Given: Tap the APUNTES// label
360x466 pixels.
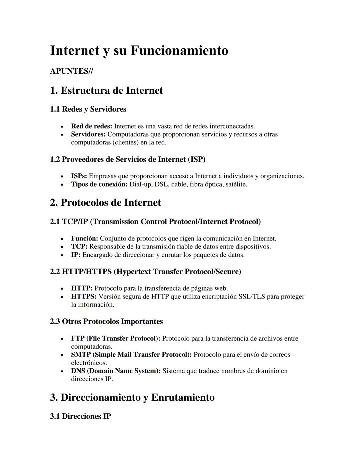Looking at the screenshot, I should pos(71,71).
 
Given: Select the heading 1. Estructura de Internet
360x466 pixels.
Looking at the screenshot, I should pos(106,90).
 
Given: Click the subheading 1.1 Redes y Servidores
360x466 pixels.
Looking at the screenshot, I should pos(88,109).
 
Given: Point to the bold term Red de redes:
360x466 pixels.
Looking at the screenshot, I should pos(92,126).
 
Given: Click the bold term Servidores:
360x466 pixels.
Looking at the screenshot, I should pos(88,134).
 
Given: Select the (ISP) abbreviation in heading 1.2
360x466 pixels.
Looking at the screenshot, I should pos(197,159).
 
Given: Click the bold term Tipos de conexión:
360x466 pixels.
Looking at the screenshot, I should pos(99,184).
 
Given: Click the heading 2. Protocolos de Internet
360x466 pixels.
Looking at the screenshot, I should pos(105,202).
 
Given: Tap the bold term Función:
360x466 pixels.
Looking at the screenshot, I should pos(84,239).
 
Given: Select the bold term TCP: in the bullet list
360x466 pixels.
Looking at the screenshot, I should pos(79,247).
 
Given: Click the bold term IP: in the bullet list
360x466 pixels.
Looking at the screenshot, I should pos(76,255).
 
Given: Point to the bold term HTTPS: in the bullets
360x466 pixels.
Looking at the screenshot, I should pos(84,297).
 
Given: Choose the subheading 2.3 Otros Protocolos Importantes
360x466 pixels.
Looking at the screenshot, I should pos(106,322).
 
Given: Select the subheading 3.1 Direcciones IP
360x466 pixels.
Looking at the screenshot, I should pos(80,416).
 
